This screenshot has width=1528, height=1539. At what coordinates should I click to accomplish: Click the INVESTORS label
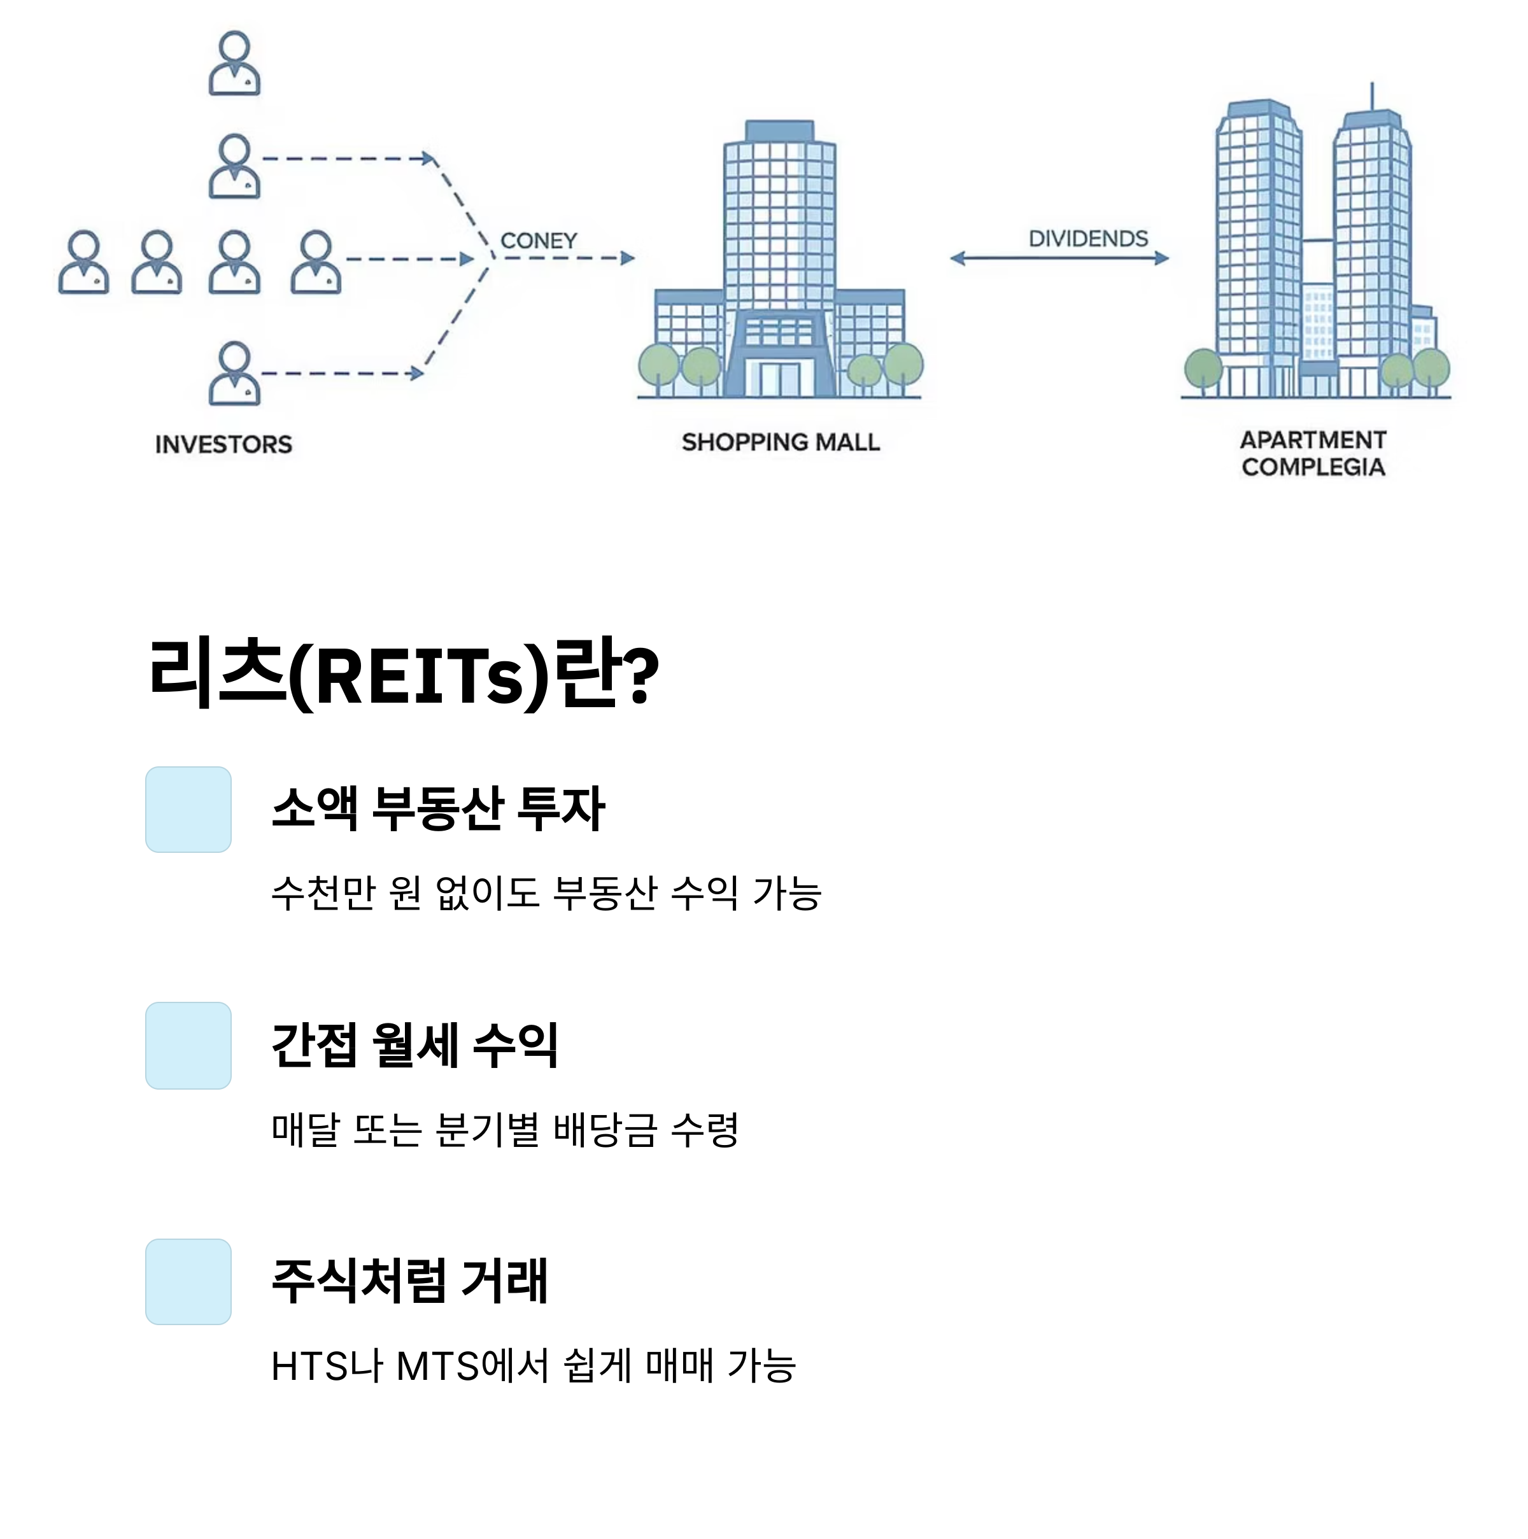(x=224, y=444)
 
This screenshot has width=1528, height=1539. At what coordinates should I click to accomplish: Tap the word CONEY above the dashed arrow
(x=539, y=241)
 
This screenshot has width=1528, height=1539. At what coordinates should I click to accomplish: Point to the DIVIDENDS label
(x=1088, y=238)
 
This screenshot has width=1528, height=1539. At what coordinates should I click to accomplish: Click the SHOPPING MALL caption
(x=781, y=442)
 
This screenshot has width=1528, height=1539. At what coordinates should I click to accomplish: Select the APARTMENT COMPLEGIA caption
(x=1313, y=453)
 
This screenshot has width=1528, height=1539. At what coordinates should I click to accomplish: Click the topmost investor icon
(x=234, y=63)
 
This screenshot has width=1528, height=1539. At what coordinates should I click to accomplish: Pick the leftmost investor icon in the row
(x=83, y=262)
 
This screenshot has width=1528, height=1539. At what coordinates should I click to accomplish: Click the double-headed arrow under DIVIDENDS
(x=1059, y=258)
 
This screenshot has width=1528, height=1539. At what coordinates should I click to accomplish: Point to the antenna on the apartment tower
(x=1372, y=95)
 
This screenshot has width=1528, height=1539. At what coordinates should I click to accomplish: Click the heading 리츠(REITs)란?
(x=404, y=674)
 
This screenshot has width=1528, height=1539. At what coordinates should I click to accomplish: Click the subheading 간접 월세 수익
(x=414, y=1045)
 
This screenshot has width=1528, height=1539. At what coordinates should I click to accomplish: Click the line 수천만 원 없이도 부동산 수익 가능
(x=546, y=893)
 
